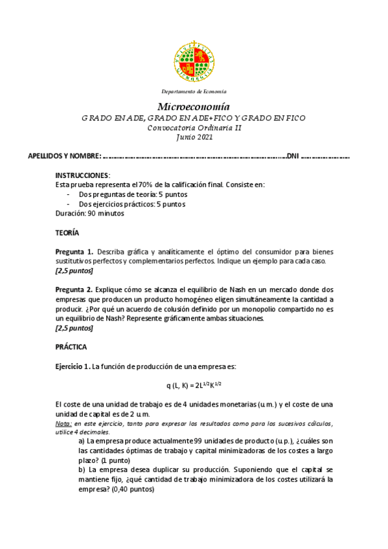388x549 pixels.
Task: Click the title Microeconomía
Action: [x=194, y=106]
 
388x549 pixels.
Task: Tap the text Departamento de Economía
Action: [x=194, y=91]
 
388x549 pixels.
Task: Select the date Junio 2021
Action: [x=194, y=137]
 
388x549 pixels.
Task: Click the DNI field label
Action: [x=293, y=156]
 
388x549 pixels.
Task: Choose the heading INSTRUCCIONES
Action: [x=82, y=175]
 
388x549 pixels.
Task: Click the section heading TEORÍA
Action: [x=67, y=232]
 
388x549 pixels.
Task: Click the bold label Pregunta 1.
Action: [x=74, y=251]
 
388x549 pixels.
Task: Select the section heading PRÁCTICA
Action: [x=71, y=346]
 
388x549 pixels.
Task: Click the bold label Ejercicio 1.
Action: [x=73, y=366]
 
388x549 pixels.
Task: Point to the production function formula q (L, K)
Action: [x=194, y=385]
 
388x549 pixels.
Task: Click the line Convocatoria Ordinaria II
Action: [x=194, y=128]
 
